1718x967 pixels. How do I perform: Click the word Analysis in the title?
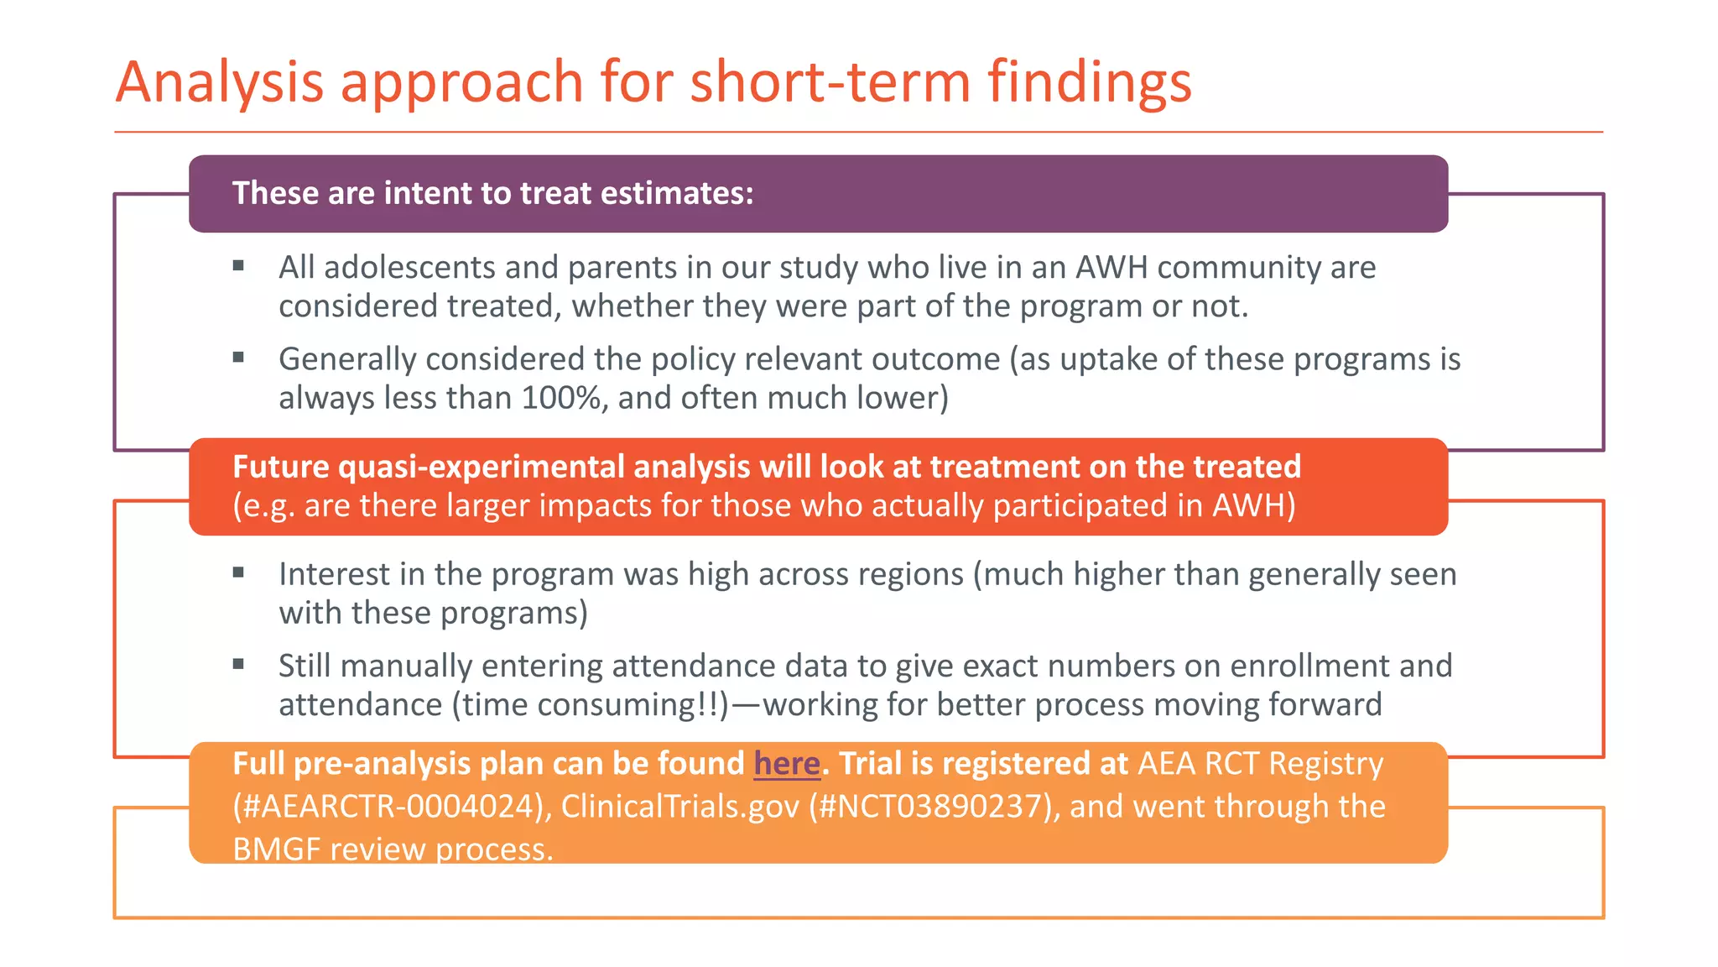[220, 83]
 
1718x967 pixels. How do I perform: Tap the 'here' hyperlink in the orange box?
[786, 764]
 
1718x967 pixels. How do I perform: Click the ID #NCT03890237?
[928, 807]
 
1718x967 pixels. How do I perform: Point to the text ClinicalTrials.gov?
[679, 807]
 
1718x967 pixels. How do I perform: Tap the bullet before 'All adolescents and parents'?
[238, 266]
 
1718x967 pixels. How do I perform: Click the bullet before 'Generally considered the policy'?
[238, 358]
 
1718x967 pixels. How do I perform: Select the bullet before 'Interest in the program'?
[238, 572]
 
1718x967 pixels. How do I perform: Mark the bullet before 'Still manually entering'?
[238, 664]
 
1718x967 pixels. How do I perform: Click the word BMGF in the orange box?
[276, 849]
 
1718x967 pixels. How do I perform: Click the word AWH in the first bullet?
[1111, 267]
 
